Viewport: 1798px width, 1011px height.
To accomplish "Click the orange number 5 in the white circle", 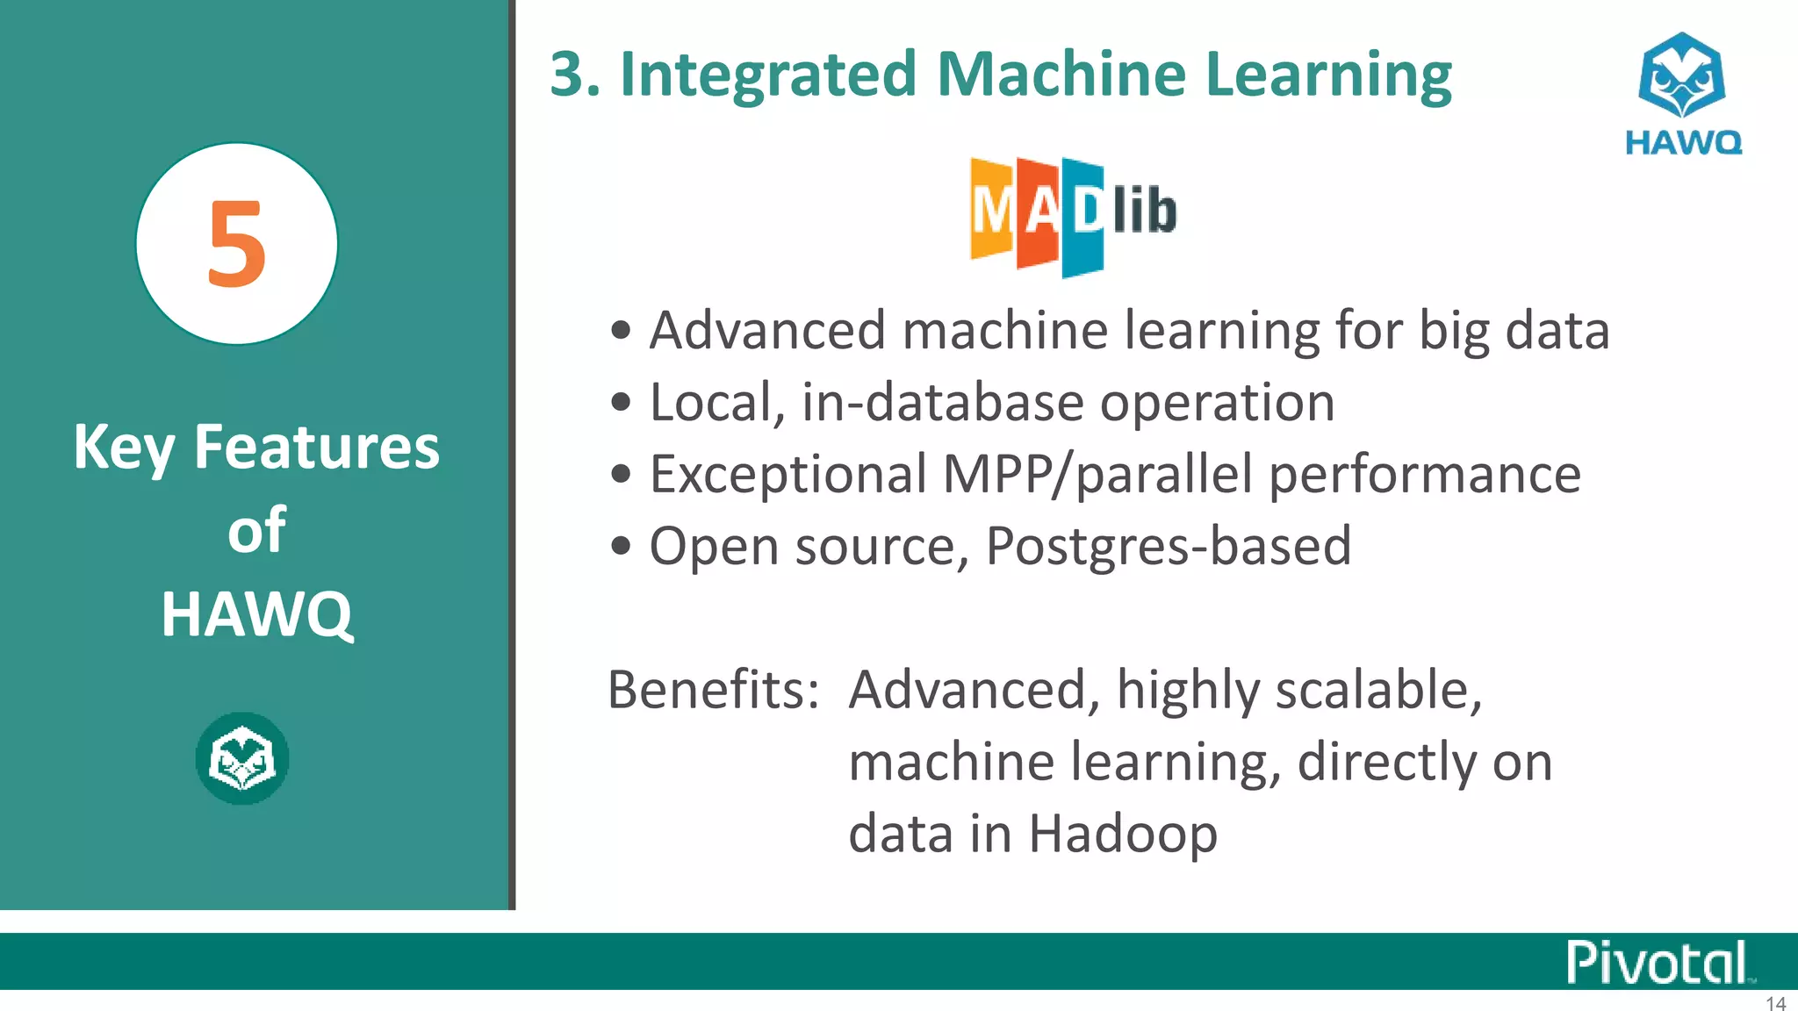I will [x=236, y=244].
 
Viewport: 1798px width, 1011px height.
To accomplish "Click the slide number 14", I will [x=1775, y=1003].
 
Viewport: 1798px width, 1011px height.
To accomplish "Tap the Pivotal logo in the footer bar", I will [x=1658, y=963].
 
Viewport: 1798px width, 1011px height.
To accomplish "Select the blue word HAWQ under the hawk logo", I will [x=1683, y=142].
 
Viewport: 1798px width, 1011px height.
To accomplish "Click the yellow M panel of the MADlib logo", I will [x=992, y=211].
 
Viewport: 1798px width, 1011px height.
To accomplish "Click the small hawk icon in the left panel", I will [x=242, y=758].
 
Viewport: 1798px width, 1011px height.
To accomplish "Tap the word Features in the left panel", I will [x=316, y=447].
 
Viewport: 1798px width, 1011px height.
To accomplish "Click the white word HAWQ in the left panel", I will [x=256, y=614].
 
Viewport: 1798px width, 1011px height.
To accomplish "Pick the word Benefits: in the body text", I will [x=713, y=690].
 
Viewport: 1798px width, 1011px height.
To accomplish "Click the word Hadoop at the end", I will [x=1123, y=833].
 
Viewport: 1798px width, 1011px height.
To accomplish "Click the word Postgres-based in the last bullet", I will [x=1168, y=546].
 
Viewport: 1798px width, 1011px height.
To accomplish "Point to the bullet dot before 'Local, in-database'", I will [x=621, y=403].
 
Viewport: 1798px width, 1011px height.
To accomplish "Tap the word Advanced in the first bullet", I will [x=767, y=331].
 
